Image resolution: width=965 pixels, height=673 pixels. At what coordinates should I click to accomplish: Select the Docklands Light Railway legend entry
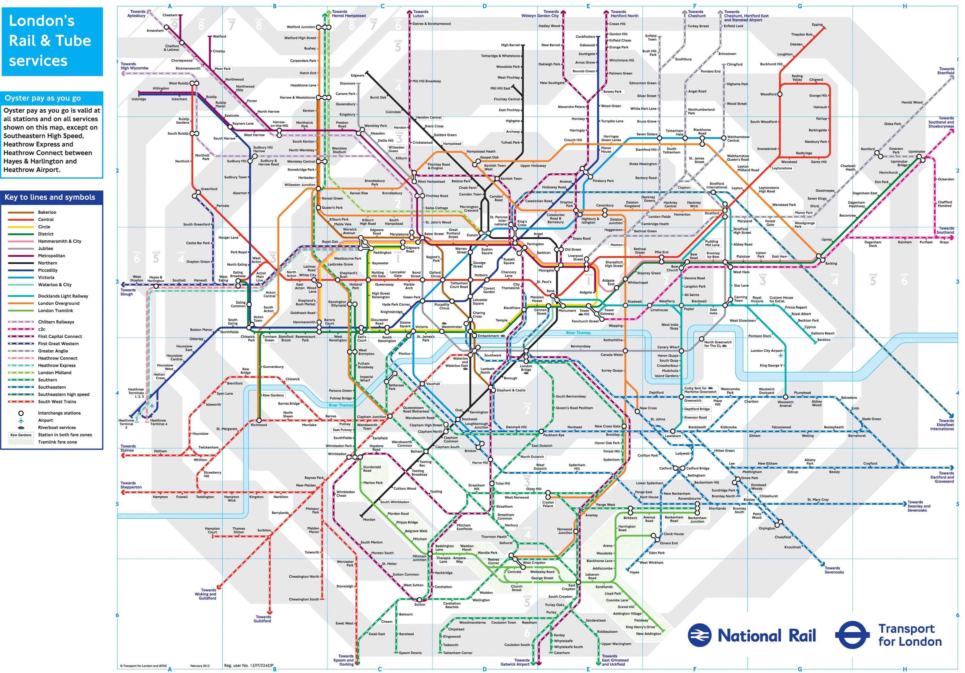[63, 296]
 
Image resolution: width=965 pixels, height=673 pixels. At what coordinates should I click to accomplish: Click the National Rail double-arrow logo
[699, 635]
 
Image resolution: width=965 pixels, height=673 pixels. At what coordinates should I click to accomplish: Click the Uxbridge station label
[139, 99]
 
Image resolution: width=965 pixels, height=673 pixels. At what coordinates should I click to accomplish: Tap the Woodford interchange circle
[780, 94]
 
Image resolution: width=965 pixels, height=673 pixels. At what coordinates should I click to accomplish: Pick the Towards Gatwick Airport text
[515, 662]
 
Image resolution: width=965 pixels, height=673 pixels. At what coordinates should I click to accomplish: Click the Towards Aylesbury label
[136, 14]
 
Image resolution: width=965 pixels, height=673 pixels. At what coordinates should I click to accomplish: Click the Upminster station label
[917, 151]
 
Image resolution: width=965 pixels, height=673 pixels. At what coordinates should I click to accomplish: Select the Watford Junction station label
[301, 27]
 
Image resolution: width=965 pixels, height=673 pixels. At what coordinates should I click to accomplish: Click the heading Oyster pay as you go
[42, 98]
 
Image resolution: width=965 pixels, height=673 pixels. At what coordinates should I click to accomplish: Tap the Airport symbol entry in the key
[45, 420]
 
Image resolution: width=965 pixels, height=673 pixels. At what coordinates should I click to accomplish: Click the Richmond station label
[259, 425]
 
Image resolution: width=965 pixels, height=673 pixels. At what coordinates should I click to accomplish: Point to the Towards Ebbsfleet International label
[942, 425]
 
